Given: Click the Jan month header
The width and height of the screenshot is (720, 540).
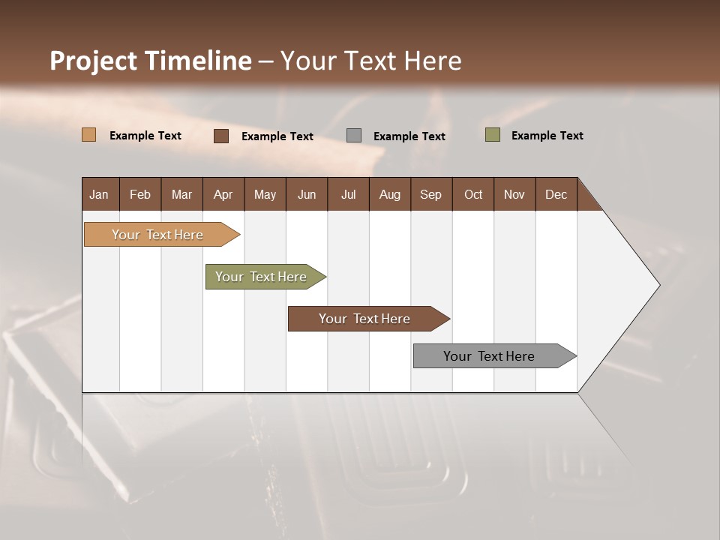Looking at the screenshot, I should [x=100, y=194].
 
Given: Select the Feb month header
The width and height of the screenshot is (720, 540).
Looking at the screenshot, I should [x=140, y=194].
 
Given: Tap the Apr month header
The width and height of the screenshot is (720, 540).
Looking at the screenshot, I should [x=223, y=194].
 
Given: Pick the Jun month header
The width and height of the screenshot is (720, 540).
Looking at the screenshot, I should [x=307, y=194].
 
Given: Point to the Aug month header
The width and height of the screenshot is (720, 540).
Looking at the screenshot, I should [x=390, y=194].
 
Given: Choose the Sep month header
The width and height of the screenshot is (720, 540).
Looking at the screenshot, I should [x=431, y=194].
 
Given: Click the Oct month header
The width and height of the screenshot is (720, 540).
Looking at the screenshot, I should [x=473, y=194].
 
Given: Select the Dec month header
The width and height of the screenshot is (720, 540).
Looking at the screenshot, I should [x=556, y=194].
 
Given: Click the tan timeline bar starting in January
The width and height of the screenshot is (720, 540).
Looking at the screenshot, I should [x=157, y=235].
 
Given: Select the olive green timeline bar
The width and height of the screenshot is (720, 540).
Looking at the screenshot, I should [x=261, y=277].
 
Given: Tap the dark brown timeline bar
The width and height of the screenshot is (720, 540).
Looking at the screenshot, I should [x=364, y=319].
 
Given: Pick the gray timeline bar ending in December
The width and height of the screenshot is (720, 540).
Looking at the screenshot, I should [x=489, y=356].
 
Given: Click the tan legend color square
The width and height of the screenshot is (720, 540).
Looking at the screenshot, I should [x=88, y=135].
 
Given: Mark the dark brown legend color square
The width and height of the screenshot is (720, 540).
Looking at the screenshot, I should [x=221, y=136].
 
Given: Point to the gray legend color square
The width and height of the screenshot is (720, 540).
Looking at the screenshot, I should [x=354, y=135].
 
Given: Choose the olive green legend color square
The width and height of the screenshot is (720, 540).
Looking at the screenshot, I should [x=492, y=135].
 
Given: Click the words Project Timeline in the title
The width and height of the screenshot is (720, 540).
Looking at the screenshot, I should [x=150, y=61].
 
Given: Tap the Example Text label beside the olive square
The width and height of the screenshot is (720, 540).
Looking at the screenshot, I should [x=547, y=136].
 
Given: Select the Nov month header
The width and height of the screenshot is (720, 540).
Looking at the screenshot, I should [x=514, y=194].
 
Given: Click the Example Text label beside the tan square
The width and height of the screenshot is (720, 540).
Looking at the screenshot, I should [x=145, y=136].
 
